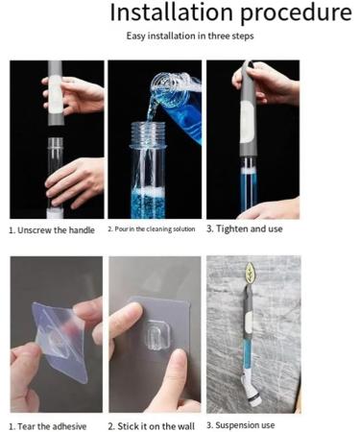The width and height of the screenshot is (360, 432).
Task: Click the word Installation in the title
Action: pyautogui.click(x=171, y=12)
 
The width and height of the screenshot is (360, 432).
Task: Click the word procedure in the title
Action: pyautogui.click(x=297, y=13)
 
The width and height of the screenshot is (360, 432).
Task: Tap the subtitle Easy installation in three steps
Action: pyautogui.click(x=190, y=36)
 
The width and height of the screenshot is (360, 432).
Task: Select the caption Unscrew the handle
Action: pyautogui.click(x=52, y=230)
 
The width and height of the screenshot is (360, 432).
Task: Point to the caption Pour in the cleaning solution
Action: pyautogui.click(x=152, y=229)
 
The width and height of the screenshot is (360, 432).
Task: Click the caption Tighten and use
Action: pyautogui.click(x=245, y=228)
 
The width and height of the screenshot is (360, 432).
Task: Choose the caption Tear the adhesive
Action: pyautogui.click(x=48, y=426)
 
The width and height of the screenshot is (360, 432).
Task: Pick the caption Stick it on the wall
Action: pyautogui.click(x=152, y=426)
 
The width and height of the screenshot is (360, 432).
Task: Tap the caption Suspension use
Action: pyautogui.click(x=241, y=425)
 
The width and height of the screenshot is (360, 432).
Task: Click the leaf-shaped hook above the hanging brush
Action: pyautogui.click(x=250, y=273)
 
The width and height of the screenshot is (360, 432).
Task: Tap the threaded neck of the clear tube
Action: pyautogui.click(x=148, y=134)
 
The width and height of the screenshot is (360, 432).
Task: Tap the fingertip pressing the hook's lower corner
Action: pyautogui.click(x=177, y=363)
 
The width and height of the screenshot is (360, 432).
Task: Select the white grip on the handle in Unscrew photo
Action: pyautogui.click(x=55, y=95)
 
